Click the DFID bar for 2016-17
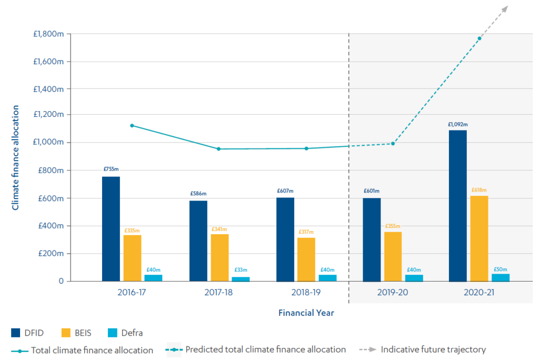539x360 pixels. pos(111,229)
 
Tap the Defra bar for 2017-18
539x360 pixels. pos(241,279)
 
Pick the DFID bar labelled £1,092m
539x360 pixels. pos(457,205)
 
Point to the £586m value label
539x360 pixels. pos(198,194)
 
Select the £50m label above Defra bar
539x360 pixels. pos(500,269)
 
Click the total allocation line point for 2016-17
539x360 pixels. pos(132,125)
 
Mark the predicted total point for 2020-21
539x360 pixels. pos(479,38)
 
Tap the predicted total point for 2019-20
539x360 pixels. pos(393,144)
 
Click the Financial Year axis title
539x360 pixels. pos(306,313)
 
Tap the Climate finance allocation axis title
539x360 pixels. pos(15,158)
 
